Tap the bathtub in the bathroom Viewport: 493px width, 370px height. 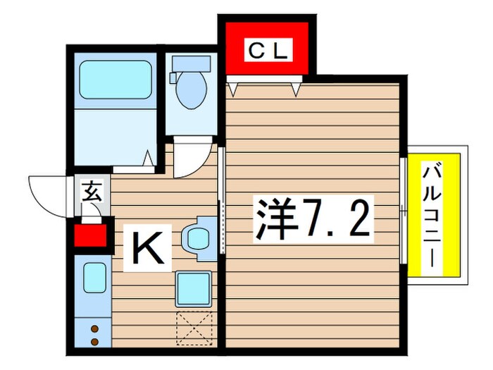114,80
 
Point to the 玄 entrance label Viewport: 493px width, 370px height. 92,190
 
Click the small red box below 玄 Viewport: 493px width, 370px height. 89,234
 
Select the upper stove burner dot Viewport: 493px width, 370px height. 94,328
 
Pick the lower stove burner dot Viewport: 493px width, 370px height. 94,342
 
